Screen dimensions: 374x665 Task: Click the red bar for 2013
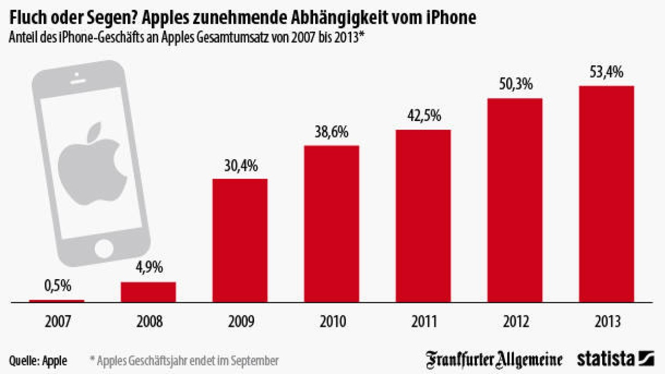point(606,194)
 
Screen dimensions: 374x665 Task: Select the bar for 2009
point(240,241)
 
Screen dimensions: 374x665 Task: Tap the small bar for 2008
point(148,292)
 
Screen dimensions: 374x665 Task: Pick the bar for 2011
point(423,216)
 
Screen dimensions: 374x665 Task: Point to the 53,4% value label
point(606,72)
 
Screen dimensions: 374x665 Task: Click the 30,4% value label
point(240,166)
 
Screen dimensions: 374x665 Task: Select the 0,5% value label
point(57,286)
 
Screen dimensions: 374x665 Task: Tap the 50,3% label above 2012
point(515,85)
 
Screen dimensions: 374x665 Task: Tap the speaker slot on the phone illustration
point(78,82)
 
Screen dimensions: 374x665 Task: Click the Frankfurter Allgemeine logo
point(494,359)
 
